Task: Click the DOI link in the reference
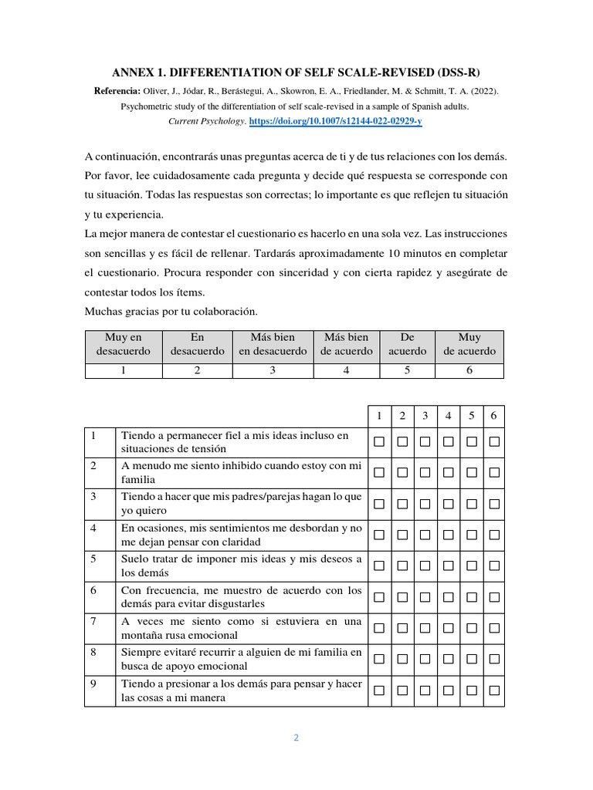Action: point(336,122)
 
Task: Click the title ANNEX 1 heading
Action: point(296,73)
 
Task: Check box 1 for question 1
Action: point(379,441)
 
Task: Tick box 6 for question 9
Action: point(494,689)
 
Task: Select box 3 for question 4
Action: point(425,535)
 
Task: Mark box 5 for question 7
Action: point(471,627)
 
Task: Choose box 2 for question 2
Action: point(402,472)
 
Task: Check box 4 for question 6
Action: point(449,596)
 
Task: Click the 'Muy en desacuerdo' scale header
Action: point(124,344)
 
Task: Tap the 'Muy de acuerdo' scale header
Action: point(469,344)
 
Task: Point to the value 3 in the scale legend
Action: point(273,370)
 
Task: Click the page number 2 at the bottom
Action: point(296,737)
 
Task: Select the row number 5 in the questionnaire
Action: point(93,559)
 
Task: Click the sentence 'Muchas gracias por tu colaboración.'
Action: point(171,312)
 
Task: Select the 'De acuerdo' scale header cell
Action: point(408,344)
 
